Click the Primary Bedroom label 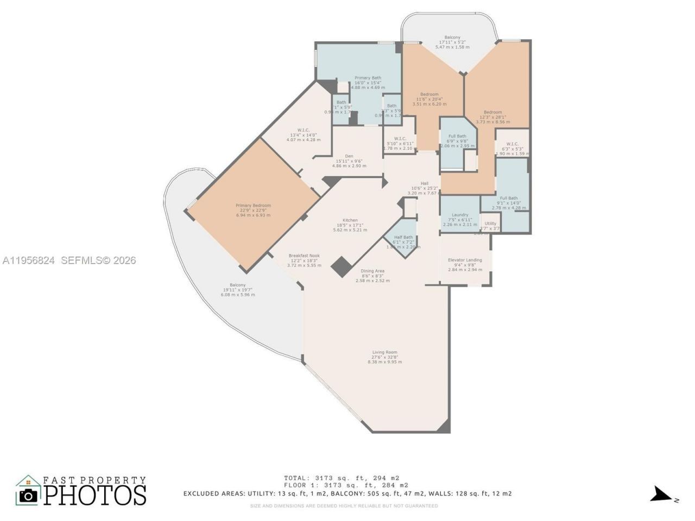point(253,206)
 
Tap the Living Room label point(384,353)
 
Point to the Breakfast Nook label point(304,256)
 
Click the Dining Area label point(372,271)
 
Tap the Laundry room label point(460,215)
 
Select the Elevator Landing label point(465,260)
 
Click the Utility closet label point(490,224)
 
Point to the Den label point(349,156)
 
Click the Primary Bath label point(368,78)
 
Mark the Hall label point(425,183)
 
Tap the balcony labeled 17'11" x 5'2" point(452,38)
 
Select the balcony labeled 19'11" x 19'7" point(237,285)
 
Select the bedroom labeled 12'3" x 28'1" point(493,112)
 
